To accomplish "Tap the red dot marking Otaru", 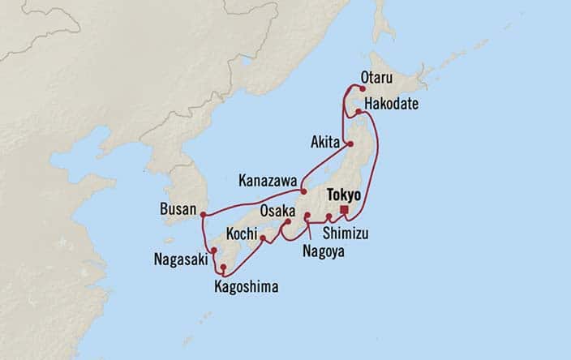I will [x=363, y=90].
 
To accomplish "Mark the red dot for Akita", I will [x=350, y=144].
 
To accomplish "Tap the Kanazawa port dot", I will [x=303, y=192].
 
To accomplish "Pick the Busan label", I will [x=178, y=209].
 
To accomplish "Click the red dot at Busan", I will [x=202, y=214].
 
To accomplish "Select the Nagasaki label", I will [x=179, y=260].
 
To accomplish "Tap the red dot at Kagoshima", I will [x=223, y=266].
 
